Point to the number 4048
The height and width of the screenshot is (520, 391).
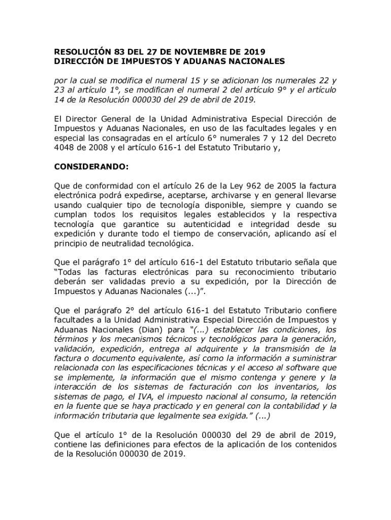point(64,148)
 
